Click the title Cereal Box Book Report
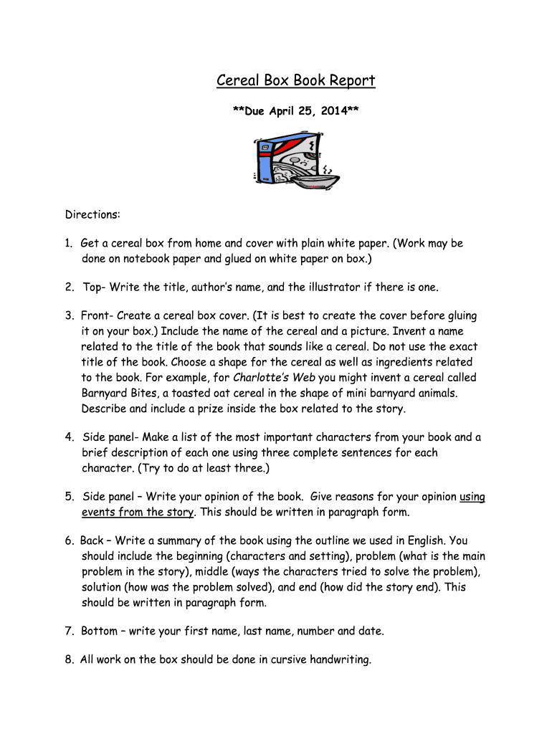coord(295,80)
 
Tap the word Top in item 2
coord(92,287)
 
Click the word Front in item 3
coord(97,316)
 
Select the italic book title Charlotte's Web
coord(275,378)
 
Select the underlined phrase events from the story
coord(138,513)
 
